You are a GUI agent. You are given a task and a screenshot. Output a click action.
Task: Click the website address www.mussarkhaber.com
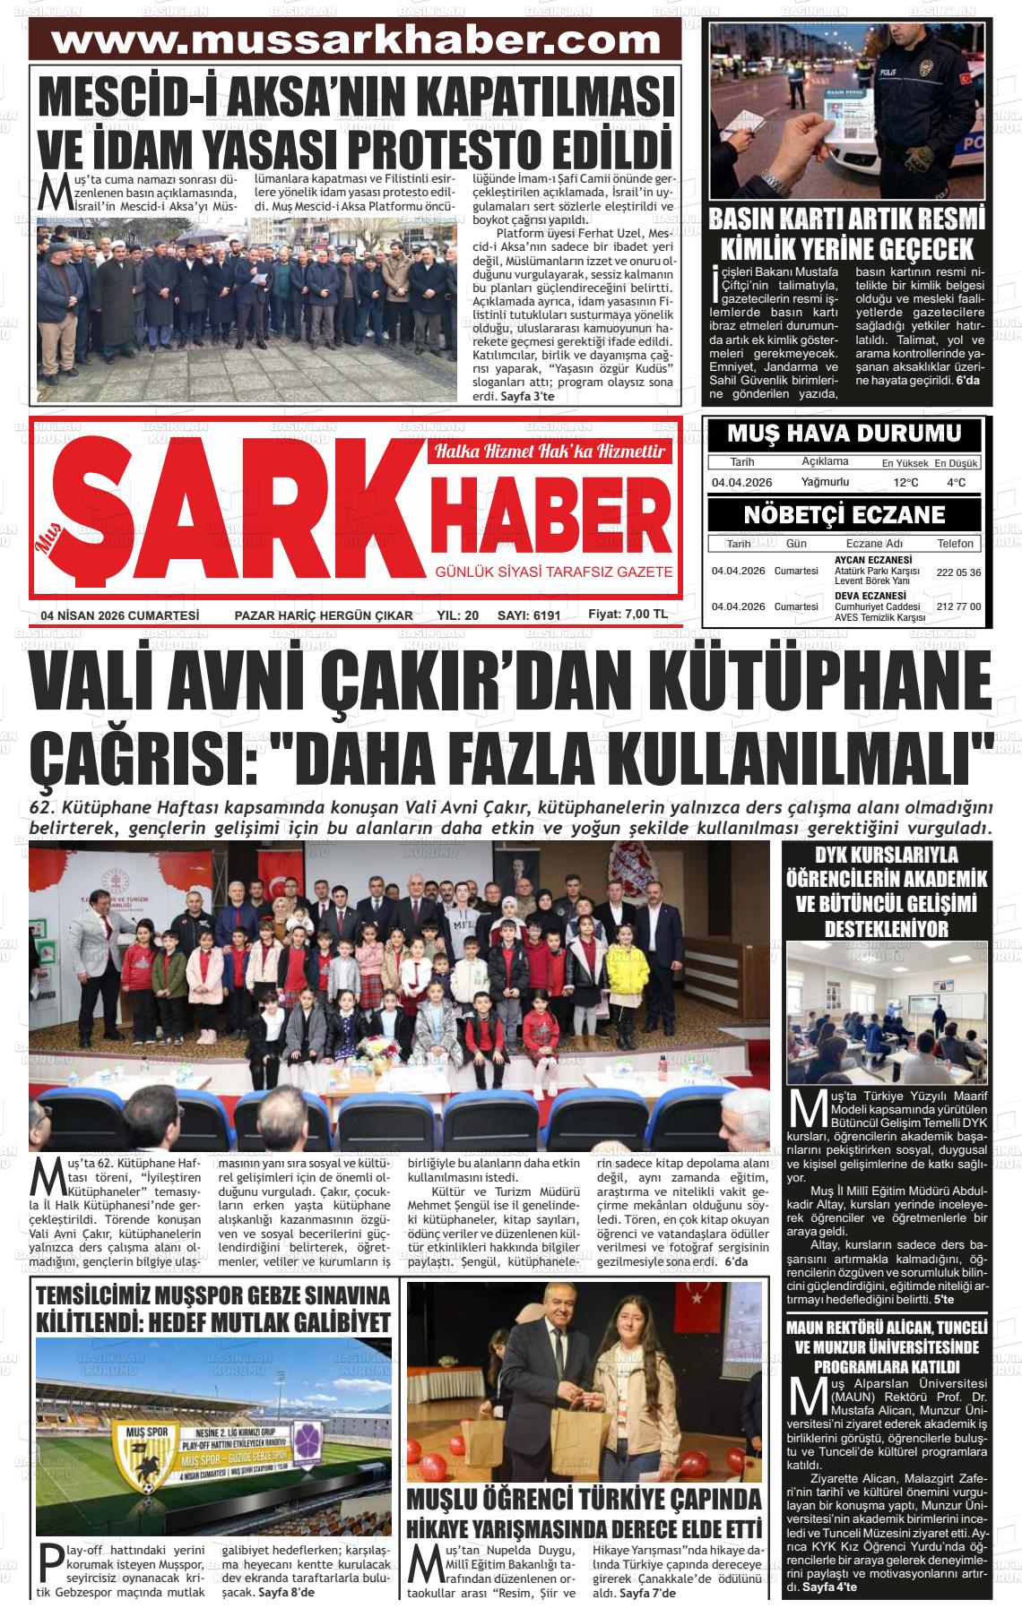[355, 41]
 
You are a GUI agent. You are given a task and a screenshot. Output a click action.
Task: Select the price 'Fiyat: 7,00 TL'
[628, 615]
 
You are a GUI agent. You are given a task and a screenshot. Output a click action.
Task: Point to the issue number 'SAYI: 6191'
[528, 615]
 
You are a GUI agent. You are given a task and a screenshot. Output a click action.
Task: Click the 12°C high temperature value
[905, 483]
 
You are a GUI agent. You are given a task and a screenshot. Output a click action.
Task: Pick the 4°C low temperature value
[956, 483]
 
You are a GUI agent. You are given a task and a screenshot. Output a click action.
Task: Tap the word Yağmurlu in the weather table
[824, 482]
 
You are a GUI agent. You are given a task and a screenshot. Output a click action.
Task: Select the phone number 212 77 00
[958, 606]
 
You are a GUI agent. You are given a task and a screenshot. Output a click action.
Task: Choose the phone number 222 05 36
[958, 572]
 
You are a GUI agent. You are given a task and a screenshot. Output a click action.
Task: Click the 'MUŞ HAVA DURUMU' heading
[844, 434]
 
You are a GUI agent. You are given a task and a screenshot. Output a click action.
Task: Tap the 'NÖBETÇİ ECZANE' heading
[844, 515]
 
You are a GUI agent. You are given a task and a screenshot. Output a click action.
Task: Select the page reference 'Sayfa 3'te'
[528, 396]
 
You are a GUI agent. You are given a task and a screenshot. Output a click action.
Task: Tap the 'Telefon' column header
[955, 544]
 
